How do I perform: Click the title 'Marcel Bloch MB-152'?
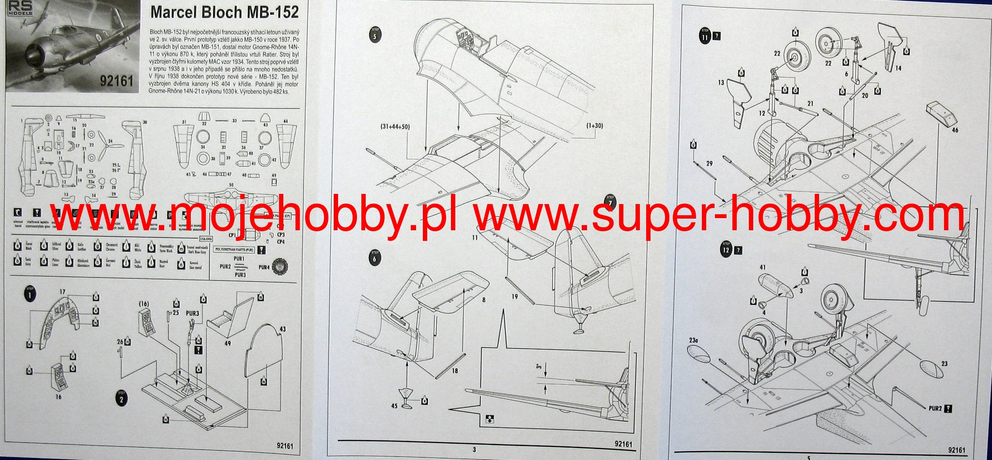tap(224, 12)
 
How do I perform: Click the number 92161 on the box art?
tap(116, 80)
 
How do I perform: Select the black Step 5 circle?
tap(374, 35)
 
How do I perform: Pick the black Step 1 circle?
tap(30, 294)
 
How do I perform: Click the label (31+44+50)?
tap(395, 127)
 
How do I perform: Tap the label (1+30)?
tap(594, 126)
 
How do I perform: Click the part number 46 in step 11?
tap(955, 130)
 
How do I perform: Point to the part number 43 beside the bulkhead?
tap(283, 329)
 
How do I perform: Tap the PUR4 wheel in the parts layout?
tap(280, 266)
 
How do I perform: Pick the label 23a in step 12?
tap(693, 340)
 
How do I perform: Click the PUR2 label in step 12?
tap(935, 408)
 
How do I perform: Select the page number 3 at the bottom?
tap(474, 449)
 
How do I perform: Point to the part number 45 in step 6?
tap(394, 405)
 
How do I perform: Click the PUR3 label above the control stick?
tap(192, 314)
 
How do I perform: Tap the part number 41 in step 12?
tap(762, 268)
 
